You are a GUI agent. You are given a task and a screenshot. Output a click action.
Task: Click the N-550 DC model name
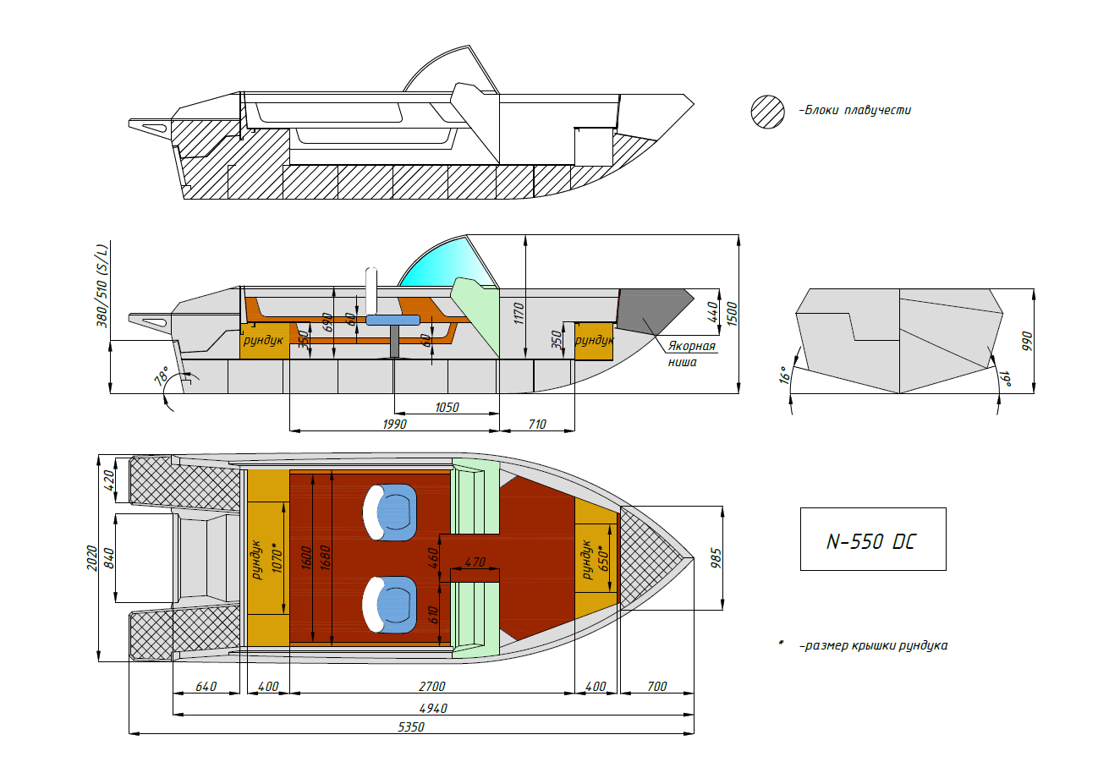(871, 542)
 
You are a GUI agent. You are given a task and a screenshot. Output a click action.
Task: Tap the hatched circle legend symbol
(767, 112)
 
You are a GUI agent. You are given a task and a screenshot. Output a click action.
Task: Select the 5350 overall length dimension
(411, 727)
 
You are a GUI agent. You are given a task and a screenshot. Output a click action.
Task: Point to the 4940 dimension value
(433, 709)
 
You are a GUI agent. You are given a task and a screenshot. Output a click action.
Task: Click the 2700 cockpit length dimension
(432, 687)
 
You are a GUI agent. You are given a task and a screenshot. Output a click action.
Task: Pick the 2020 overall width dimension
(92, 558)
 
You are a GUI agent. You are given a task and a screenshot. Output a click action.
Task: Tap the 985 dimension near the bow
(716, 558)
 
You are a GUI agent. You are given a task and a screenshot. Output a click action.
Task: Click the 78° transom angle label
(162, 376)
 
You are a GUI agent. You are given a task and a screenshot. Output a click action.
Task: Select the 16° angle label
(784, 376)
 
